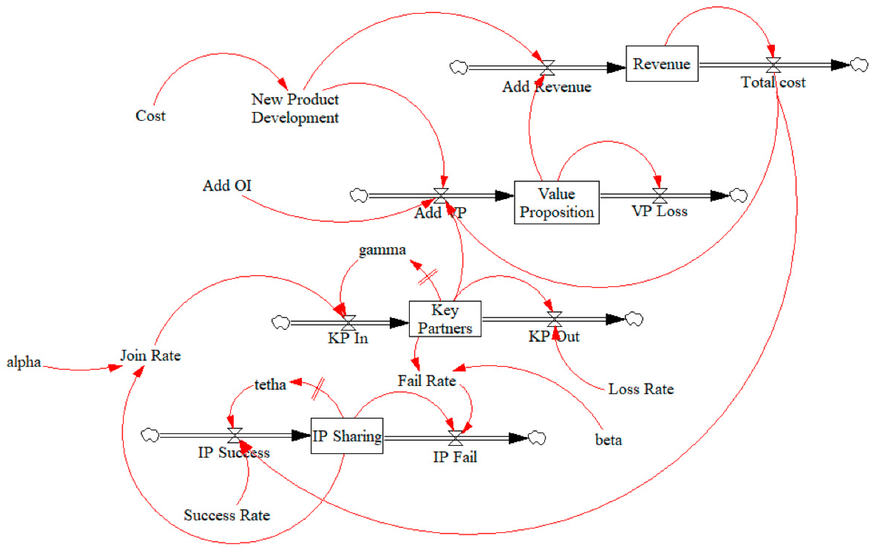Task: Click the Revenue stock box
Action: pyautogui.click(x=662, y=64)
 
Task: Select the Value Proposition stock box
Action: pyautogui.click(x=556, y=203)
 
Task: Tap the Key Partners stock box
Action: pyautogui.click(x=445, y=319)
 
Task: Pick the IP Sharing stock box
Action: pyautogui.click(x=347, y=436)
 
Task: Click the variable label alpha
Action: pyautogui.click(x=24, y=362)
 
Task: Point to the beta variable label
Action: pyautogui.click(x=608, y=440)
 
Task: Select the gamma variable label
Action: pyautogui.click(x=382, y=250)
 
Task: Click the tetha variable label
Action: pyautogui.click(x=270, y=385)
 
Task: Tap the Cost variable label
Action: pyautogui.click(x=150, y=116)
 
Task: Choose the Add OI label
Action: pyautogui.click(x=227, y=186)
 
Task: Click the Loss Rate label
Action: pyautogui.click(x=641, y=389)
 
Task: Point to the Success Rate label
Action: pyautogui.click(x=227, y=515)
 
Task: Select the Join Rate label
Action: pyautogui.click(x=150, y=355)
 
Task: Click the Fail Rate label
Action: pyautogui.click(x=427, y=381)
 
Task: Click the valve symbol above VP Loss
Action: pyautogui.click(x=659, y=196)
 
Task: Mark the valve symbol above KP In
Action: pyautogui.click(x=348, y=323)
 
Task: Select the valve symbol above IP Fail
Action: pyautogui.click(x=455, y=438)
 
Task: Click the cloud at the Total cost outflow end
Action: pyautogui.click(x=859, y=65)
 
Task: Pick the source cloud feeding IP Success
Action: pyautogui.click(x=150, y=435)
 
